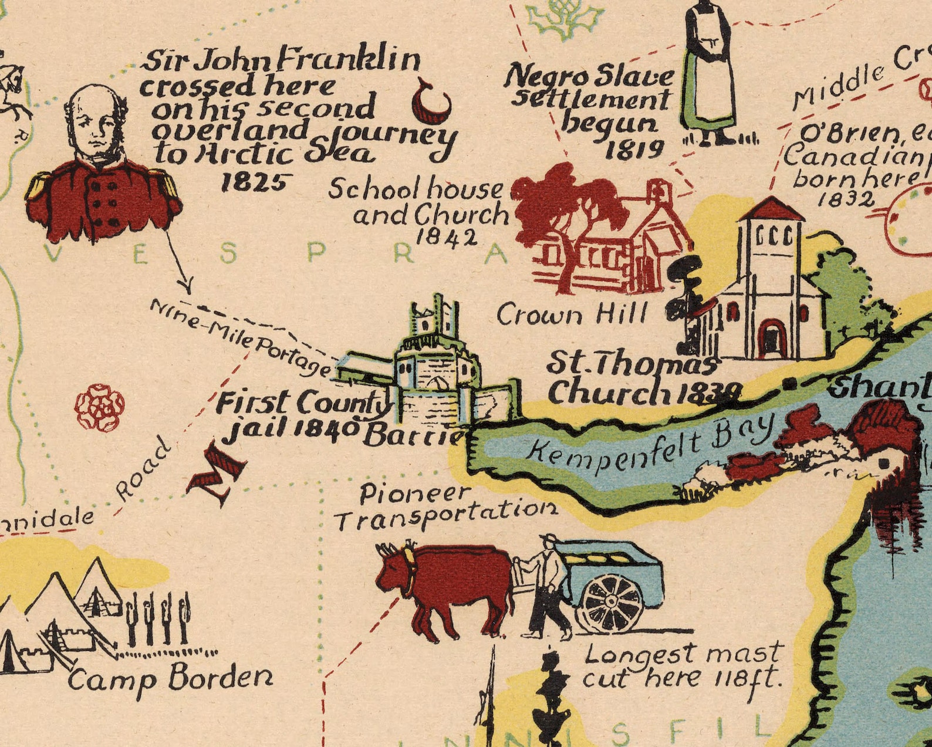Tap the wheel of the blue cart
612,602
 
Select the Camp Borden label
170,680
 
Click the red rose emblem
100,407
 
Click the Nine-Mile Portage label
241,339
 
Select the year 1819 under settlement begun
634,150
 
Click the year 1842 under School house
446,238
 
